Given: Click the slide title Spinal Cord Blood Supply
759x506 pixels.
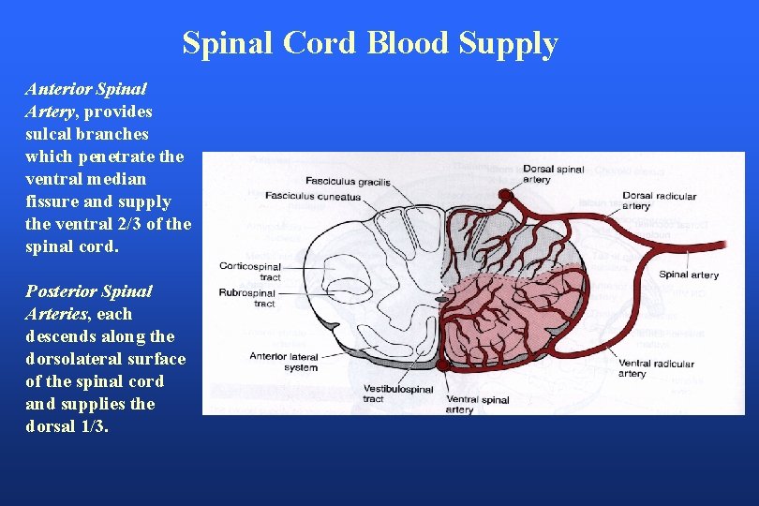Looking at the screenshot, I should click(369, 43).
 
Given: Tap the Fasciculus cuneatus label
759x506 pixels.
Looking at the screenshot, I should click(312, 197).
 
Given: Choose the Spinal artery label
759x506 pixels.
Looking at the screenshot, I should click(689, 275).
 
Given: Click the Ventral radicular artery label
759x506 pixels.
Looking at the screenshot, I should click(655, 368).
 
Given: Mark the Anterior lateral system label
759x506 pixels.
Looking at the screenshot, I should click(284, 361).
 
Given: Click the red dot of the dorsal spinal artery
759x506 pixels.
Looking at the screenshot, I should click(505, 195).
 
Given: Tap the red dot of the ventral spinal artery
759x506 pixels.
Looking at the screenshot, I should click(441, 365).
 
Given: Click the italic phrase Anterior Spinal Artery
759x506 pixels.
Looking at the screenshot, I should click(85, 100).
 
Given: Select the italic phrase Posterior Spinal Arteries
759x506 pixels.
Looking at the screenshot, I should click(89, 303).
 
